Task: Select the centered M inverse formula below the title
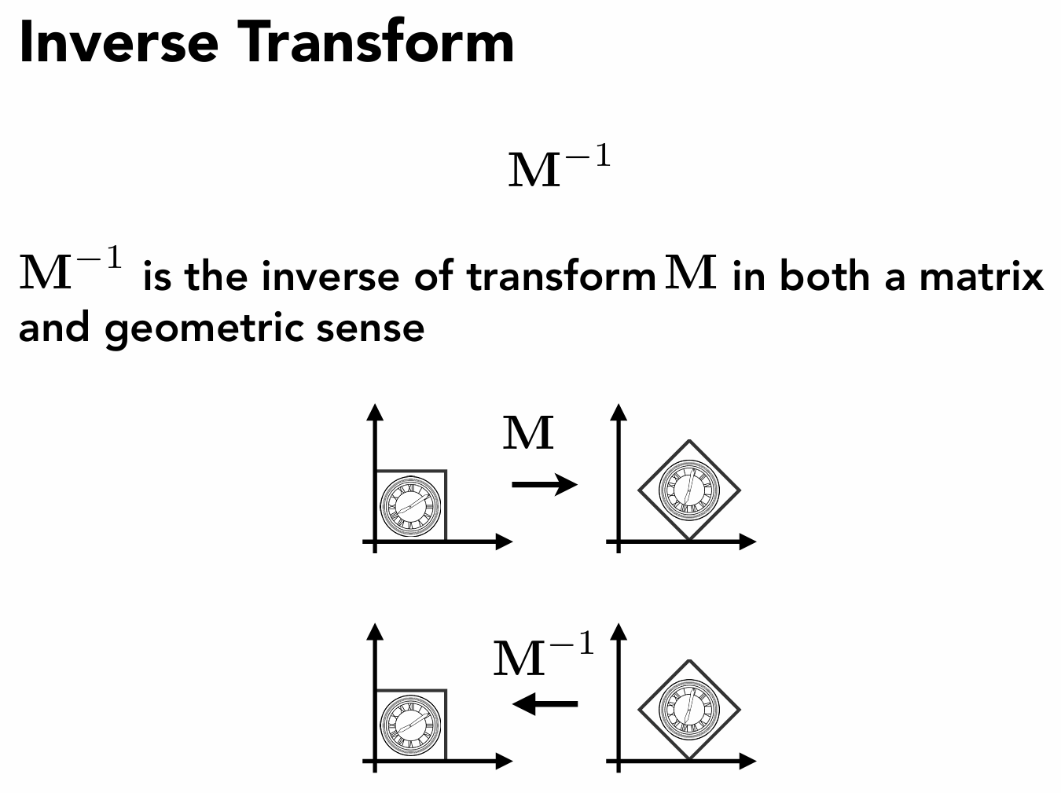coord(559,167)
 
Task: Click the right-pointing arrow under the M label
coord(544,484)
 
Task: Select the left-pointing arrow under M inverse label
coord(544,703)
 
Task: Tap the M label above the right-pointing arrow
coord(528,433)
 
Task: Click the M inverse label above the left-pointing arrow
coord(543,656)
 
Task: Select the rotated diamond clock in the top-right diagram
coord(688,490)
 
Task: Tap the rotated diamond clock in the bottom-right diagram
coord(688,709)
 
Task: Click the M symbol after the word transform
coord(691,273)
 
